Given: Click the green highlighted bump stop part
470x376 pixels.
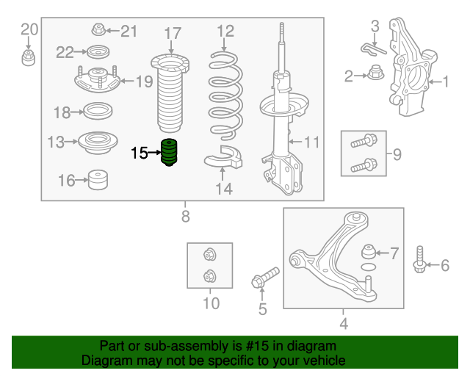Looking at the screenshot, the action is [170, 152].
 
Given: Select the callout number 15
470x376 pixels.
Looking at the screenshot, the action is [140, 153].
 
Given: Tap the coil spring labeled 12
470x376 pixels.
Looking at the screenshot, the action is [225, 96].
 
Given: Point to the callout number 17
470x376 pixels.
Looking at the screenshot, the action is [173, 33].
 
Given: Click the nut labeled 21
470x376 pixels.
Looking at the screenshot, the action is [98, 29].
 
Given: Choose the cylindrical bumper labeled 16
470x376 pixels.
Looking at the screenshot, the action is [98, 180].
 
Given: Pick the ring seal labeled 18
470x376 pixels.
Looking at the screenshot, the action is [98, 111].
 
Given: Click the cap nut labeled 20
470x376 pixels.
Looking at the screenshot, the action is [28, 58].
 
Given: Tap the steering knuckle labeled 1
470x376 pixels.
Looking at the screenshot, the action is [411, 68].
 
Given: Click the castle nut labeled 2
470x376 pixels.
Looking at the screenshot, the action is [375, 73].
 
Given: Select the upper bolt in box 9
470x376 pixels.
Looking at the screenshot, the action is [364, 141].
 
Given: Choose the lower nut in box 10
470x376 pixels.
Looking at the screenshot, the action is [210, 276].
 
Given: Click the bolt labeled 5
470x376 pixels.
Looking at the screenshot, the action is [265, 278].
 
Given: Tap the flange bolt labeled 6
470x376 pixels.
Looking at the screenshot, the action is [419, 260].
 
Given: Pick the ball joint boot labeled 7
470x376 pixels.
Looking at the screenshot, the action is [369, 252].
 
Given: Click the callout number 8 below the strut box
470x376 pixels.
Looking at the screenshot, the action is [186, 216].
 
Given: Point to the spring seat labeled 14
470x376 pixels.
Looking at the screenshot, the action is [223, 157].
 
